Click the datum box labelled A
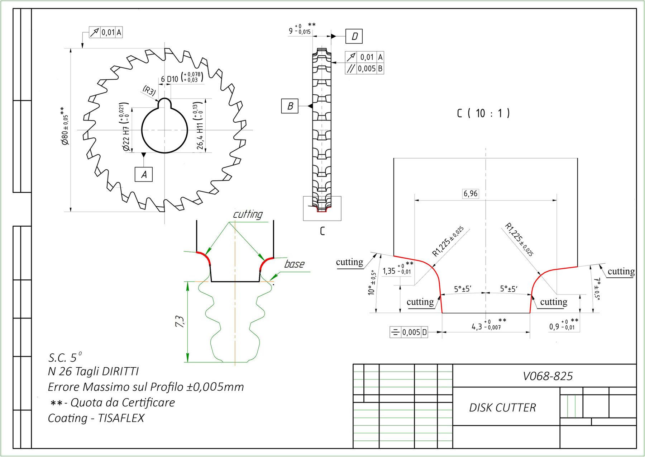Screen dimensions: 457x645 click(144, 175)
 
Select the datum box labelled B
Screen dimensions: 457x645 click(290, 106)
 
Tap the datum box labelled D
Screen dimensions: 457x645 click(354, 36)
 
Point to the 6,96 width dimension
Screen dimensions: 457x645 click(470, 194)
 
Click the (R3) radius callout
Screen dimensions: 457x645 click(149, 90)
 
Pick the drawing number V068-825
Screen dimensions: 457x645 click(548, 376)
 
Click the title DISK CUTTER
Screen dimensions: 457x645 click(502, 407)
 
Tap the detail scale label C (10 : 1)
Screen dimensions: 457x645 click(483, 113)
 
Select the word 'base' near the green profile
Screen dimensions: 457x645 click(294, 264)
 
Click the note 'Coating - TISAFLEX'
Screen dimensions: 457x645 click(96, 418)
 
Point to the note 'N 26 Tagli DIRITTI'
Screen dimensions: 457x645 click(93, 371)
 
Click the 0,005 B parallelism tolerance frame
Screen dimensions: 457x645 click(364, 69)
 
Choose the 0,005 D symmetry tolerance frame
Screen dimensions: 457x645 click(409, 332)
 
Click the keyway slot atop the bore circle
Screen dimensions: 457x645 click(164, 103)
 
